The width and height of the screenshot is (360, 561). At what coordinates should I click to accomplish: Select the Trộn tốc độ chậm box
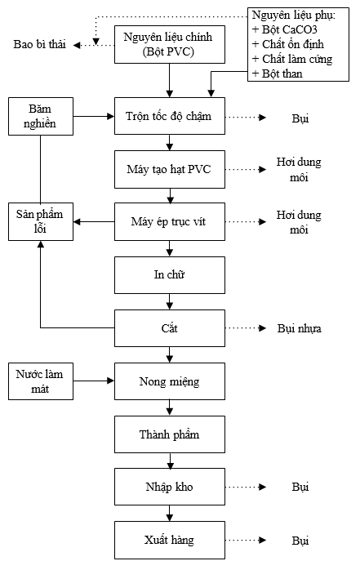[169, 117]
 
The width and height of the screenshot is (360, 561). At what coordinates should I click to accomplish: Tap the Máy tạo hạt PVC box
[169, 169]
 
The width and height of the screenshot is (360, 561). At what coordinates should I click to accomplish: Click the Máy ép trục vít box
[169, 221]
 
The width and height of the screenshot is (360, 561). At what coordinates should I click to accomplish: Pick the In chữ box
[169, 275]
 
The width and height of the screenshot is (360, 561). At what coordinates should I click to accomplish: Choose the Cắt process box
[169, 328]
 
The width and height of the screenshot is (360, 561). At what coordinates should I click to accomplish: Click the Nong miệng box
[169, 381]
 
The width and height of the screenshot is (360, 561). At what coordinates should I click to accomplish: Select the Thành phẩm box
[169, 434]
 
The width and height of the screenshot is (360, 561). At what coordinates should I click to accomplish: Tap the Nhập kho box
[169, 488]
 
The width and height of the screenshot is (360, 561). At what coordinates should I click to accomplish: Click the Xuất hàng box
[169, 541]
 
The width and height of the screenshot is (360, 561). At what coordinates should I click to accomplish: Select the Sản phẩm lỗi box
[40, 221]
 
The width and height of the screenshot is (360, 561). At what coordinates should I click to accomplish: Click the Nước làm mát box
[40, 381]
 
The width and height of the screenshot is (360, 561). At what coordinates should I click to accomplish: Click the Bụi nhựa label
[299, 329]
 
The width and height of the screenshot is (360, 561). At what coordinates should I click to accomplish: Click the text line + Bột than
[280, 73]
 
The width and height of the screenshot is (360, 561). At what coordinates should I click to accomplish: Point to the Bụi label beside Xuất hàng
[300, 541]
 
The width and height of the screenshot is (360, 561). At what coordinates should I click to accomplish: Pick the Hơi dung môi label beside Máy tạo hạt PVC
[297, 170]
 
